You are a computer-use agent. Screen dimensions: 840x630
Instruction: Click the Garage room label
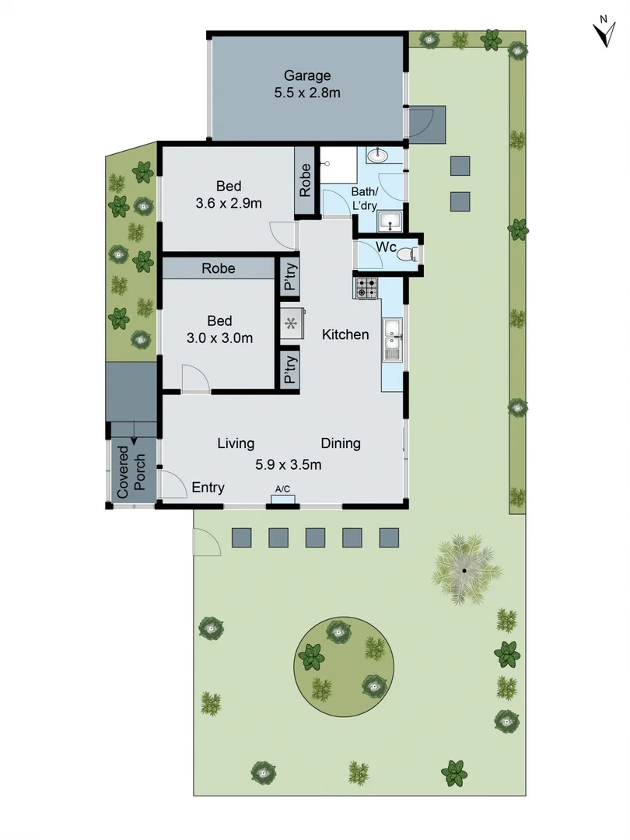pos(307,76)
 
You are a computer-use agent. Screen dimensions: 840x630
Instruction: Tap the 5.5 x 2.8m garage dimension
pos(307,93)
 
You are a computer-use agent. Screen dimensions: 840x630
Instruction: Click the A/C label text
pos(282,489)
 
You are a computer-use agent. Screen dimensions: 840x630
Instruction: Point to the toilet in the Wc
pos(406,253)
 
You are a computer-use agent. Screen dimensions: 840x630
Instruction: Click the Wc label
pos(387,247)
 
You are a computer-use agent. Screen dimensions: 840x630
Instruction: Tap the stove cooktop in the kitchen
pos(366,289)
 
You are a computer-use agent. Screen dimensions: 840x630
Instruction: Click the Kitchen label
pos(345,334)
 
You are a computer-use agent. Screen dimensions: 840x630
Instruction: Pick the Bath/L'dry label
pos(365,198)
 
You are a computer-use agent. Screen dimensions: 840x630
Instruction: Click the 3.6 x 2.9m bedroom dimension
pos(229,203)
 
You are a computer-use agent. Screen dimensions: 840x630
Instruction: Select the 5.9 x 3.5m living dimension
pos(289,464)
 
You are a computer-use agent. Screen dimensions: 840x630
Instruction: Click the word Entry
pos(208,488)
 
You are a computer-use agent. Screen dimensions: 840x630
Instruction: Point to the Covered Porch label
pos(131,471)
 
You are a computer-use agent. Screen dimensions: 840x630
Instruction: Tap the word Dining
pos(341,443)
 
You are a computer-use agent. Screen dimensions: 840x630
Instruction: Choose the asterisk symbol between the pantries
pos(292,324)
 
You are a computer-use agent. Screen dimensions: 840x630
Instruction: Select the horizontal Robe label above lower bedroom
pos(219,268)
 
